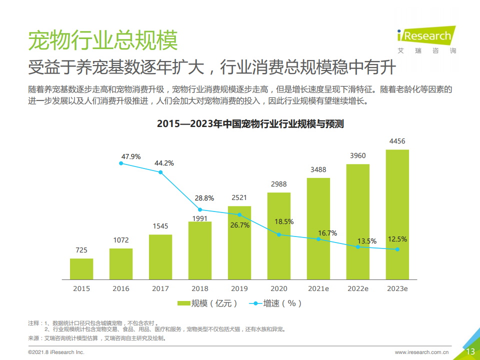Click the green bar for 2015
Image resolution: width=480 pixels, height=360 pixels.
coord(81,268)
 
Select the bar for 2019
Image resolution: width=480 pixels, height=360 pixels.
coord(239,242)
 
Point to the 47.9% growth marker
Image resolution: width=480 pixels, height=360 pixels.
coord(121,163)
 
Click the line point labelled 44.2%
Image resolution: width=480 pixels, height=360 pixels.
coord(160,172)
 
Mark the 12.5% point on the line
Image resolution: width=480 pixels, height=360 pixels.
coord(397,249)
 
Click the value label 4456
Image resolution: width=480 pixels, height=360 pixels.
coord(397,141)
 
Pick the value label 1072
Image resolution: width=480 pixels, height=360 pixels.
coord(121,240)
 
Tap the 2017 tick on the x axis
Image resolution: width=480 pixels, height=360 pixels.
coord(160,288)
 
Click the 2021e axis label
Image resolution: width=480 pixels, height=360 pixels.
coord(318,288)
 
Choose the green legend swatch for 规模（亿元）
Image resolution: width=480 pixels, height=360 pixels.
coord(183,303)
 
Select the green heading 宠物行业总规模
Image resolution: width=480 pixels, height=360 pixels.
coord(103,40)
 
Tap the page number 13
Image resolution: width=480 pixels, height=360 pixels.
coord(470,351)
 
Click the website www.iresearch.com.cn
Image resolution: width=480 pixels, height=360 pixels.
coord(421,352)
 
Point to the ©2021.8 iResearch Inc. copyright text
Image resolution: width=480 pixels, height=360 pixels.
coord(55,352)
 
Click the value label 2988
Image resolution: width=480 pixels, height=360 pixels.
coord(279,184)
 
